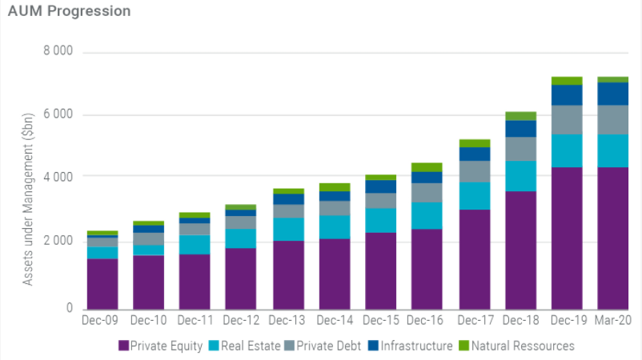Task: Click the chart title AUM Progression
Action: coord(69,12)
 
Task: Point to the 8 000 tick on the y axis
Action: coord(57,52)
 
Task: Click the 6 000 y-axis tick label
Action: coord(57,114)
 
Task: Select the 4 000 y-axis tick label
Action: coord(57,176)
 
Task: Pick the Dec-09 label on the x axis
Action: coord(102,321)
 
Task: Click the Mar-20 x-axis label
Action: coord(613,321)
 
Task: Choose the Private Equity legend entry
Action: coord(160,346)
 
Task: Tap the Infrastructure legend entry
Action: coord(411,346)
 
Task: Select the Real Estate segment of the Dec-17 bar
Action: coord(474,195)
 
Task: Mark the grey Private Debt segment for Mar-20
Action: coord(613,119)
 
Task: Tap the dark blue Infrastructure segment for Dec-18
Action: coord(520,128)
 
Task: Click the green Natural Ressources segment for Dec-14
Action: coord(334,187)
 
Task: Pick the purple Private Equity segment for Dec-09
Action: coord(102,283)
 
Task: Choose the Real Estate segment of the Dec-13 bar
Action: coord(287,229)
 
